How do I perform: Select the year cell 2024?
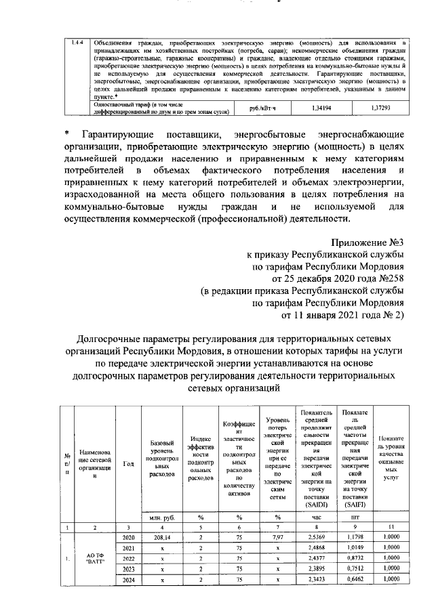128,580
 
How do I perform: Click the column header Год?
128,463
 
